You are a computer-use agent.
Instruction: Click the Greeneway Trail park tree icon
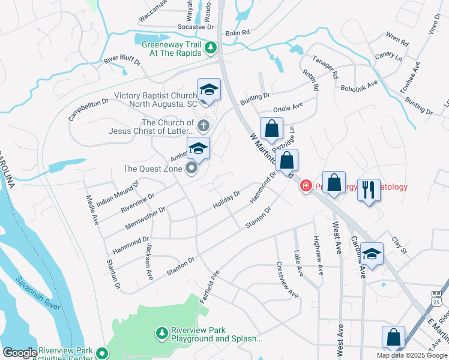click(x=210, y=47)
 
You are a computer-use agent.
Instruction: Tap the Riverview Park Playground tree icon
click(x=161, y=332)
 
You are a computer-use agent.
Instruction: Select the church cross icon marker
click(x=203, y=126)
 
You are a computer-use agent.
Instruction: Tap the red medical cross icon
click(x=306, y=187)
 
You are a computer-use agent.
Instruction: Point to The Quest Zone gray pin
click(x=191, y=168)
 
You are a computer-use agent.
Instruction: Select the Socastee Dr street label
click(x=196, y=27)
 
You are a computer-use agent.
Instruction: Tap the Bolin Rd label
click(x=237, y=32)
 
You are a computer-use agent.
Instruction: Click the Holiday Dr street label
click(x=226, y=200)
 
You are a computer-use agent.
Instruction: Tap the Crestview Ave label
click(x=287, y=279)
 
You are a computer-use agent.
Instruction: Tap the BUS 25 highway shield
click(x=436, y=298)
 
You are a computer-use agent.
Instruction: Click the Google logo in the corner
click(x=20, y=353)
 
